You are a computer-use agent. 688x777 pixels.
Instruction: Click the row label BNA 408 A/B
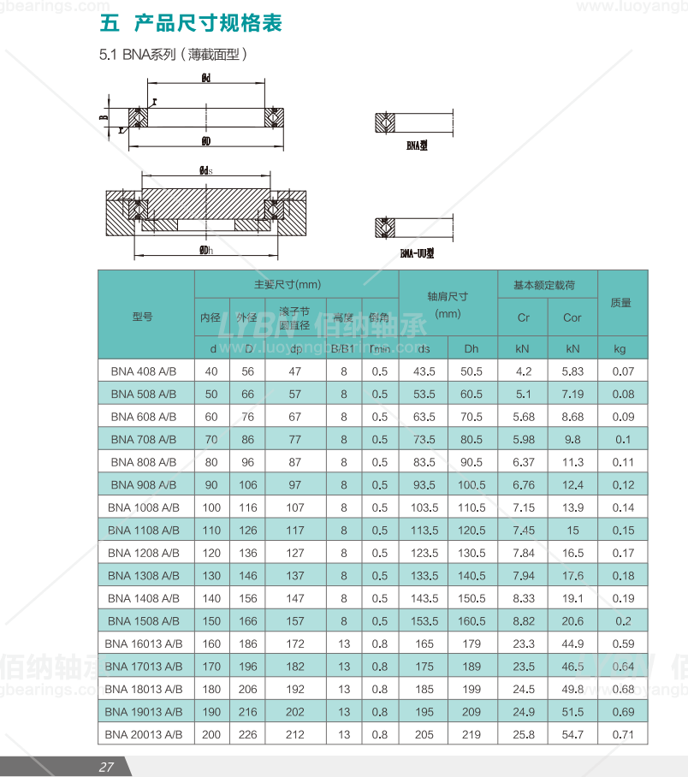coord(144,371)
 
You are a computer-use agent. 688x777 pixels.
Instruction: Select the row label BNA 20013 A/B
coord(144,734)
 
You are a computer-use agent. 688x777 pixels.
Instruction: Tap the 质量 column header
coord(621,303)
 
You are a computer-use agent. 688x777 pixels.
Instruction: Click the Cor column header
coord(572,317)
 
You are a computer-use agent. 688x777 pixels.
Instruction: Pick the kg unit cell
coord(621,348)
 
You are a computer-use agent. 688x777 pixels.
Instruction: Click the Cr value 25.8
coord(524,734)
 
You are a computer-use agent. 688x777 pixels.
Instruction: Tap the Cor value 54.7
coord(572,734)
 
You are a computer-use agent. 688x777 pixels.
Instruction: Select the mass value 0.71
coord(621,734)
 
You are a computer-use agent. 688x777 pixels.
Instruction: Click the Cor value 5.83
coord(572,371)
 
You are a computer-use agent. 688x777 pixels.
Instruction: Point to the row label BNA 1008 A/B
coord(144,507)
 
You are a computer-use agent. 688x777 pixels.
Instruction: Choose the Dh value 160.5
coord(472,621)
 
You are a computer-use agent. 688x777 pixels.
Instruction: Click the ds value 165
coord(424,644)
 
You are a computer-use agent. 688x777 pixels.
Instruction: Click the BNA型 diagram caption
coord(417,146)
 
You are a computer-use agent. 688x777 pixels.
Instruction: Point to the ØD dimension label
coord(206,139)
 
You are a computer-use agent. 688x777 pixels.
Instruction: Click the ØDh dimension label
coord(205,249)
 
